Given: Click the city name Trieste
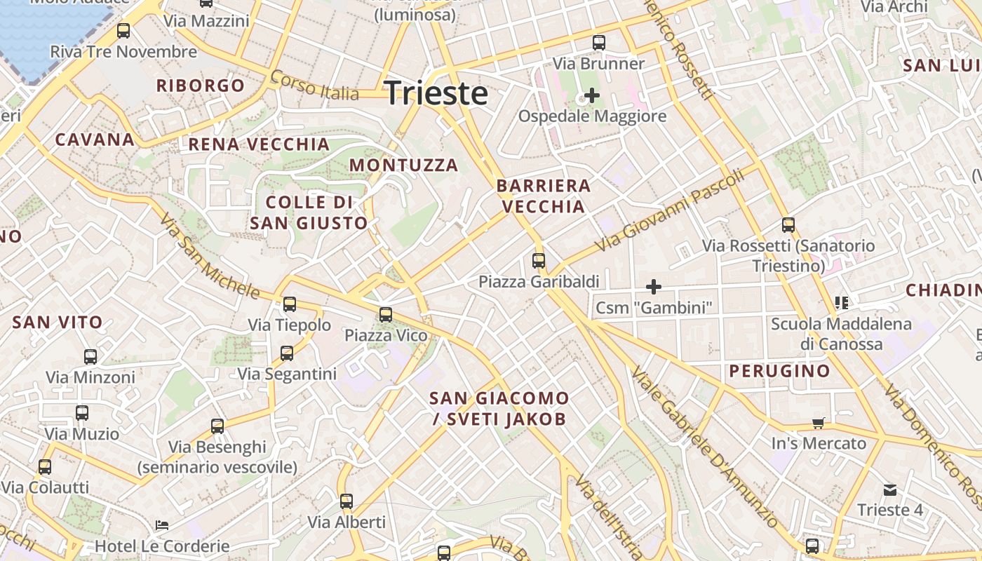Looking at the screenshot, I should pyautogui.click(x=436, y=93).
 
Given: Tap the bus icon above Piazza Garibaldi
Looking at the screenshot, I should pyautogui.click(x=539, y=261).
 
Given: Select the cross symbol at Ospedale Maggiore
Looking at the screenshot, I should pyautogui.click(x=592, y=95).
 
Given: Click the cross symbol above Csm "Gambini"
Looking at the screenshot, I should pyautogui.click(x=654, y=286).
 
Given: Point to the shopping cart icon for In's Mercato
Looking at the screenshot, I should pyautogui.click(x=818, y=423).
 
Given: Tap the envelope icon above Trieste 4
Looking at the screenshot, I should pyautogui.click(x=890, y=489).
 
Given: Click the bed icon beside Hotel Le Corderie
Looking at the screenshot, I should pyautogui.click(x=162, y=525).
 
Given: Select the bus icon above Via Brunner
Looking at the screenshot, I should pyautogui.click(x=598, y=43).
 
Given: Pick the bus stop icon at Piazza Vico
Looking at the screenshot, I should pyautogui.click(x=386, y=315).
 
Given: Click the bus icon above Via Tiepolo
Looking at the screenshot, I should pyautogui.click(x=290, y=304).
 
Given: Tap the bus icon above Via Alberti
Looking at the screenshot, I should pyautogui.click(x=347, y=501).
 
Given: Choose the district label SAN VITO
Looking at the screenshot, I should pyautogui.click(x=58, y=323).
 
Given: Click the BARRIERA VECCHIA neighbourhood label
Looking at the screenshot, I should pyautogui.click(x=544, y=196).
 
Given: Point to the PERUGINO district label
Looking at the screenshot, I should pyautogui.click(x=779, y=371).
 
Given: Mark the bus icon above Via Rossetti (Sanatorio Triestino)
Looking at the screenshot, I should pyautogui.click(x=788, y=225).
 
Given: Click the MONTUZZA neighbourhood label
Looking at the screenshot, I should pyautogui.click(x=403, y=165).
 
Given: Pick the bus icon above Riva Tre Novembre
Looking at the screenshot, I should pyautogui.click(x=123, y=31).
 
